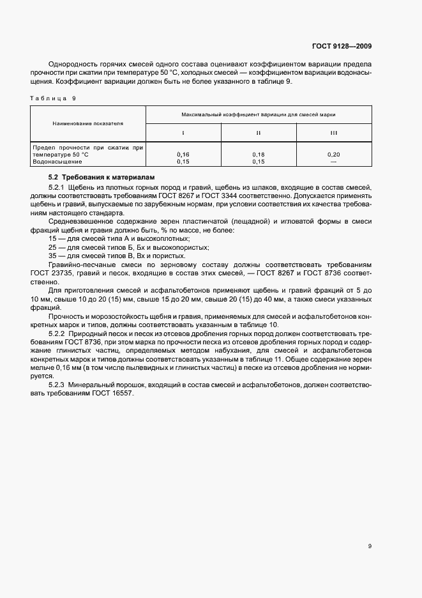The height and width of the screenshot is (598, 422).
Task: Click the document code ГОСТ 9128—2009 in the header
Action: (x=342, y=46)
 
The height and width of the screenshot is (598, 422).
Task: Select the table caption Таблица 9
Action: (x=53, y=98)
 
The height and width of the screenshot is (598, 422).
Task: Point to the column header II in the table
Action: (x=259, y=133)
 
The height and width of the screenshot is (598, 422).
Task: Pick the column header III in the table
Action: (x=333, y=133)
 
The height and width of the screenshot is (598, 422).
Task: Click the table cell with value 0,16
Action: (x=183, y=155)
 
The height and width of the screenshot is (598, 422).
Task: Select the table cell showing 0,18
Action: (x=259, y=155)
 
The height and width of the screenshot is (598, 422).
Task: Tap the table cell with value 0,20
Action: (x=333, y=155)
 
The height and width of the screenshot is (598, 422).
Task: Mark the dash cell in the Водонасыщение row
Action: (x=333, y=162)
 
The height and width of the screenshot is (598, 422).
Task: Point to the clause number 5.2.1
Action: (x=57, y=187)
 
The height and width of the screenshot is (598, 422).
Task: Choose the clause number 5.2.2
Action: (x=57, y=334)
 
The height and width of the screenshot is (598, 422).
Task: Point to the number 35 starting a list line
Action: (x=52, y=256)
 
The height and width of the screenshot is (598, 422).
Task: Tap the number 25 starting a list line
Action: (x=52, y=247)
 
